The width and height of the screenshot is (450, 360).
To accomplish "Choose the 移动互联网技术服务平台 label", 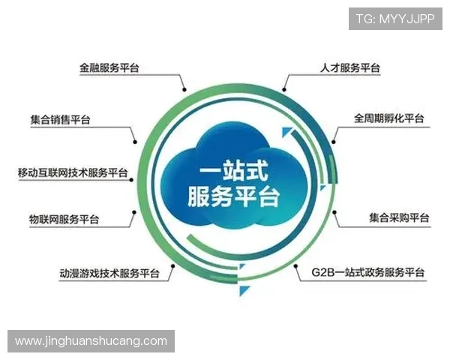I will pos(73,172).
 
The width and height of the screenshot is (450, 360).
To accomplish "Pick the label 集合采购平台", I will pos(399,218).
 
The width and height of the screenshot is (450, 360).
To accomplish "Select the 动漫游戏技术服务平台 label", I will pos(109,273).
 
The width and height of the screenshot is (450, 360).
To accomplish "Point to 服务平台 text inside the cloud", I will pos(232,196).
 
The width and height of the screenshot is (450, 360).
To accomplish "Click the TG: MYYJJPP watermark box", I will pos(394,19).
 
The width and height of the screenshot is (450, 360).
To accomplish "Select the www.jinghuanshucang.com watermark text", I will pos(91,341).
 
